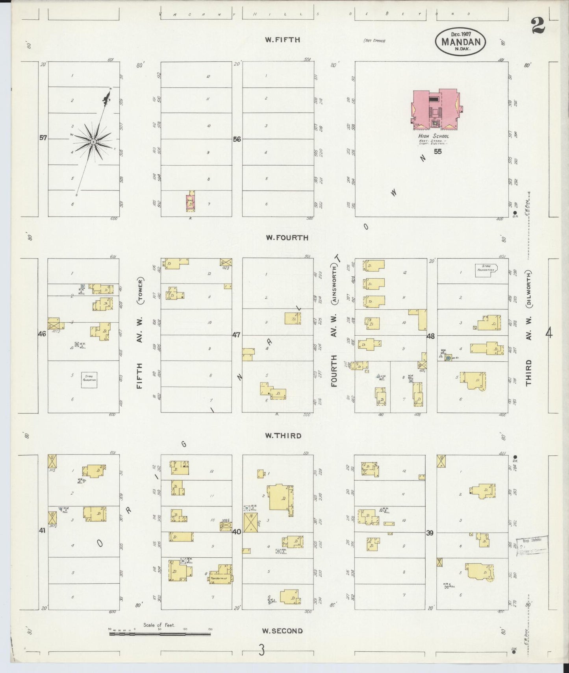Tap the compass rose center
point(93,142)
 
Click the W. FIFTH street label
point(282,40)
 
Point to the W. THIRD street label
point(283,436)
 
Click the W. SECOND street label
point(282,631)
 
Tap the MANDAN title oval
point(460,41)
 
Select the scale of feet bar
point(160,634)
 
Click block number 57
point(43,138)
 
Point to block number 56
point(237,139)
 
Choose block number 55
point(437,152)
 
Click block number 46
point(42,334)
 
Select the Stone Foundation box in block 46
point(89,380)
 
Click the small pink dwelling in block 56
point(191,202)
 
